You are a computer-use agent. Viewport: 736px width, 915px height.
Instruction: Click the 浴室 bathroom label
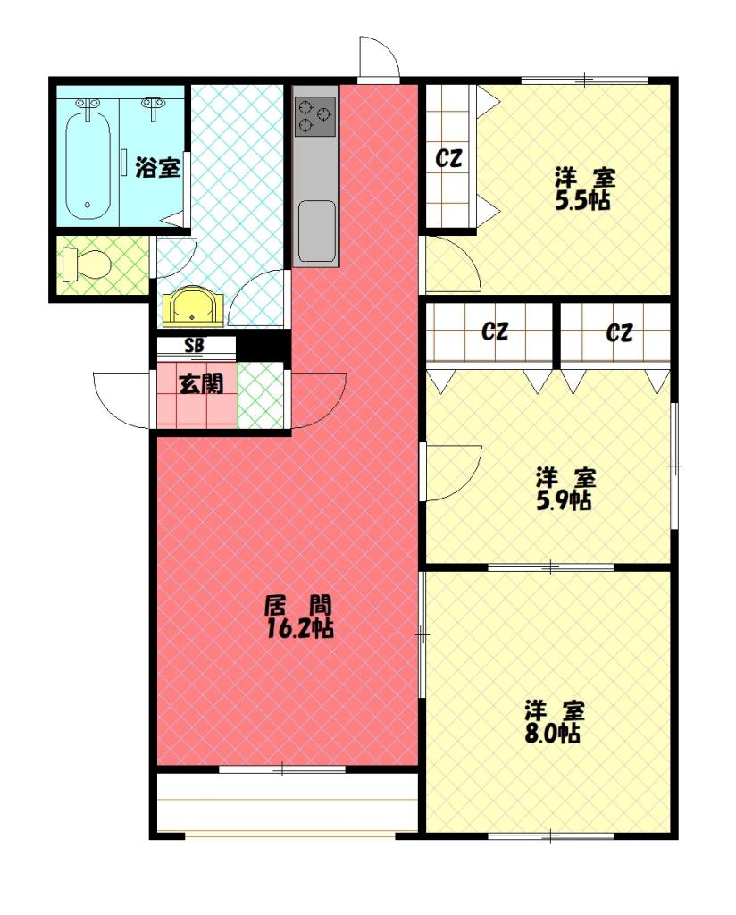tap(158, 167)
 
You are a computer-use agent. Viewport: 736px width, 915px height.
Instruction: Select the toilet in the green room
tap(88, 264)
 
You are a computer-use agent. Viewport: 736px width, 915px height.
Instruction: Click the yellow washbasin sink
tap(191, 306)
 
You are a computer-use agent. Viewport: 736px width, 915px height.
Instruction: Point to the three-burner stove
tap(315, 115)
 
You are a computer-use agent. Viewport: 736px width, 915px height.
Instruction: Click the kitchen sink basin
tap(316, 230)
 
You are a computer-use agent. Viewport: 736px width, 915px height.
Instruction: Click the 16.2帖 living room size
tap(299, 629)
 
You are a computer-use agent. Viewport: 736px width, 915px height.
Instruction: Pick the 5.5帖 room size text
tap(583, 201)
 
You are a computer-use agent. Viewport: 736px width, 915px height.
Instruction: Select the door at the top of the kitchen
tap(379, 60)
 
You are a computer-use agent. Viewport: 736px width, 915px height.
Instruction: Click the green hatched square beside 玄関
tap(260, 395)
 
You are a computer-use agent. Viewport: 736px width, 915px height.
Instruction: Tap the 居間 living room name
tap(299, 604)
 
